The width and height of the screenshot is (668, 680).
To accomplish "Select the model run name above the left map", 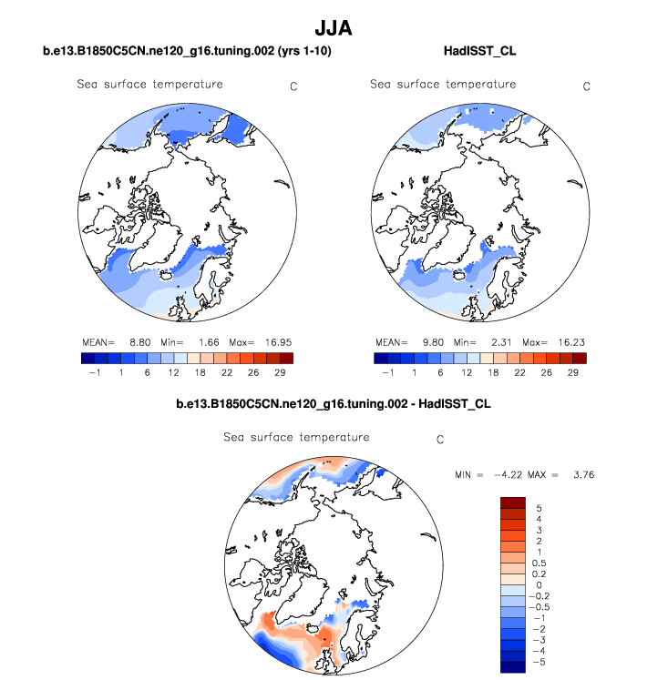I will tap(187, 52).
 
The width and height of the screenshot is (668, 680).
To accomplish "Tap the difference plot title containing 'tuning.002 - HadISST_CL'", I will tap(334, 402).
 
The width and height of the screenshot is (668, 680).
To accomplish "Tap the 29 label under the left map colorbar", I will tap(281, 373).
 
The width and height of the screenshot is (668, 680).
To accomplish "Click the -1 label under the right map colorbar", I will tap(387, 373).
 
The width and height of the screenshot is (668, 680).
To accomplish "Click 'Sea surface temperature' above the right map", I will tap(443, 85).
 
